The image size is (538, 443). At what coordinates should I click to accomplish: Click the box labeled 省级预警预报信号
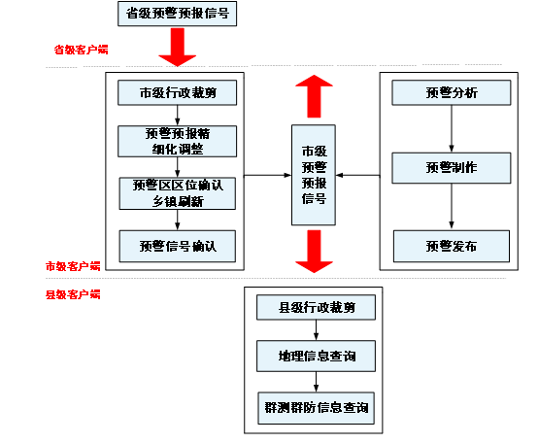pyautogui.click(x=177, y=15)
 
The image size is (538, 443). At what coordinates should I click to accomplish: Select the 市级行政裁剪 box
pyautogui.click(x=178, y=93)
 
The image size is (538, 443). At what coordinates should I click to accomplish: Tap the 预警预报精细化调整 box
pyautogui.click(x=178, y=141)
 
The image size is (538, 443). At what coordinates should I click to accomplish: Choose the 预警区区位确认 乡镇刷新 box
pyautogui.click(x=178, y=193)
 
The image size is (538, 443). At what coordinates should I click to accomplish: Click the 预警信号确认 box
pyautogui.click(x=178, y=246)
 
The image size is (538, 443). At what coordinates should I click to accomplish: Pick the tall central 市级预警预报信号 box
pyautogui.click(x=314, y=176)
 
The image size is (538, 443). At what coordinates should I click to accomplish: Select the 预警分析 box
pyautogui.click(x=451, y=93)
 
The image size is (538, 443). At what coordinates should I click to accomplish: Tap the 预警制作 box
pyautogui.click(x=451, y=168)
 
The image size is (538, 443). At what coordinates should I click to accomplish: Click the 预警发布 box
pyautogui.click(x=451, y=246)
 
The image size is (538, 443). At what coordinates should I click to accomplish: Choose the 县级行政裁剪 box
pyautogui.click(x=316, y=308)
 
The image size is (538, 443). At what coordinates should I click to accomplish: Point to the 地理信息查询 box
pyautogui.click(x=316, y=357)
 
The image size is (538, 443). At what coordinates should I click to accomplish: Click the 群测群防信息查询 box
pyautogui.click(x=316, y=407)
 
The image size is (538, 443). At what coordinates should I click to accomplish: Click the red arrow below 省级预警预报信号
pyautogui.click(x=178, y=48)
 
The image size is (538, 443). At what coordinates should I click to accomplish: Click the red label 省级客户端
pyautogui.click(x=81, y=49)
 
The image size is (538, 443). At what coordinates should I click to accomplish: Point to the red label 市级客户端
pyautogui.click(x=73, y=265)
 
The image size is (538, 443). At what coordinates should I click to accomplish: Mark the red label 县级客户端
pyautogui.click(x=73, y=293)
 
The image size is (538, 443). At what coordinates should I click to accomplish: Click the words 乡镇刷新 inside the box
pyautogui.click(x=178, y=202)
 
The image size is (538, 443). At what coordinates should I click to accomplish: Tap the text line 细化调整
pyautogui.click(x=178, y=149)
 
